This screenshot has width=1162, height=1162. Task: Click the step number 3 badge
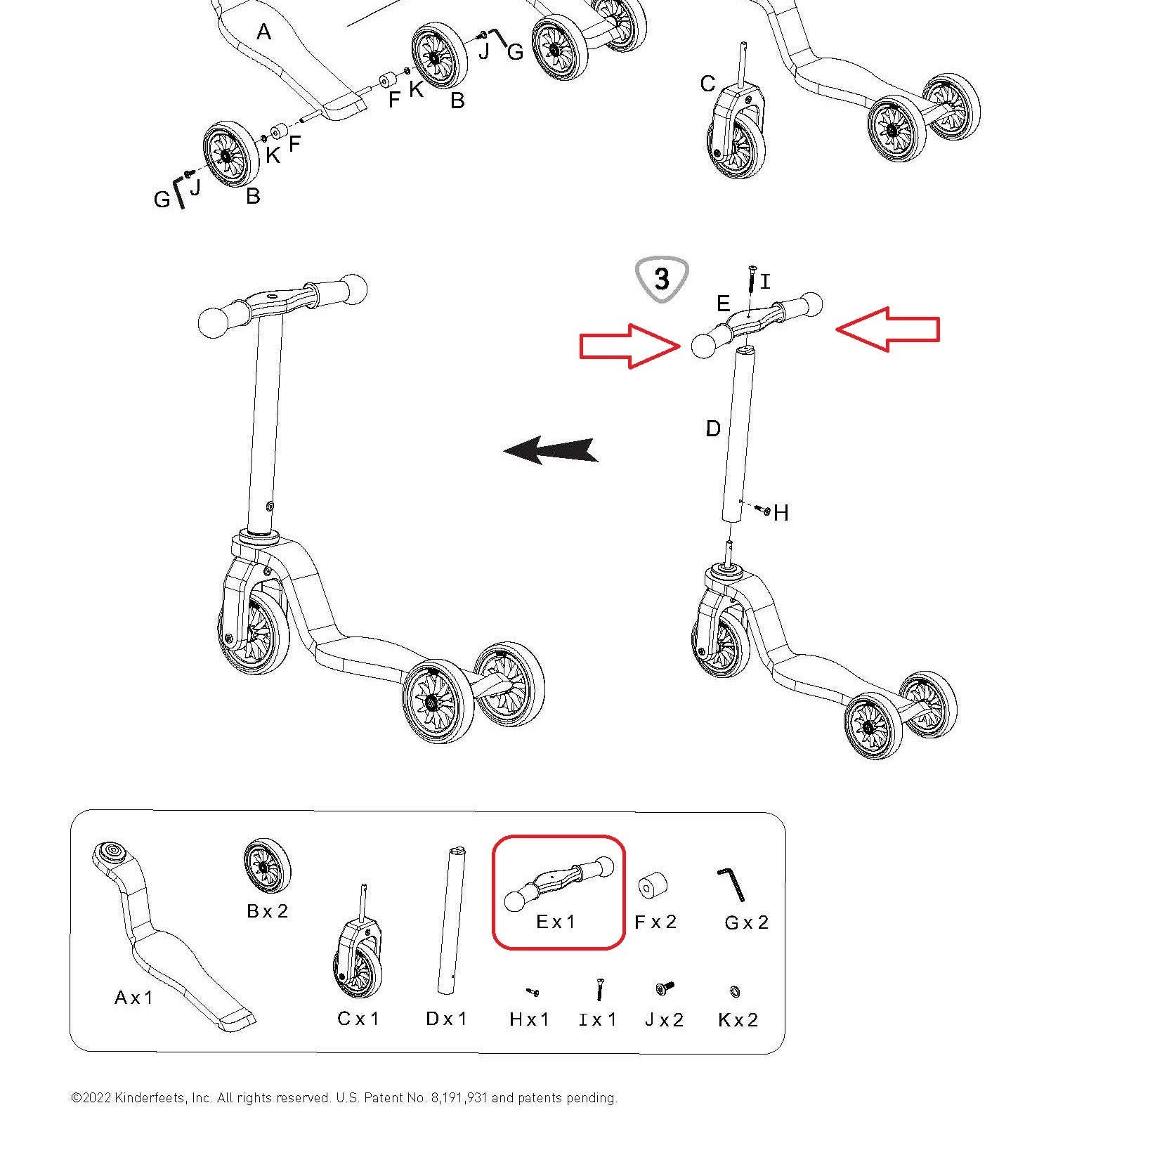[661, 279]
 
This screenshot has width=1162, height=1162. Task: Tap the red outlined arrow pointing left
[888, 329]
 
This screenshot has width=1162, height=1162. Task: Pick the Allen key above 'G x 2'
[731, 884]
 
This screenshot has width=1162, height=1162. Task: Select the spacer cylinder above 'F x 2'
[652, 885]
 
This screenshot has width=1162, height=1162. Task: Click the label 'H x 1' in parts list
[529, 1019]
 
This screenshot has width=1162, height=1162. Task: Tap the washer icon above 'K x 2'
[736, 991]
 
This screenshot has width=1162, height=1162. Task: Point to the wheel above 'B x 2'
[267, 866]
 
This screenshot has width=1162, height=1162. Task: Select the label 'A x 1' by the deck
[133, 998]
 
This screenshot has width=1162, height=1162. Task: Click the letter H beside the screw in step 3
[781, 514]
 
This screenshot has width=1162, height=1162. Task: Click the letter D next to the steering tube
[712, 429]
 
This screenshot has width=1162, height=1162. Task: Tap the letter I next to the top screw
[765, 282]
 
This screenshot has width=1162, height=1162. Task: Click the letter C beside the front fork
[707, 84]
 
